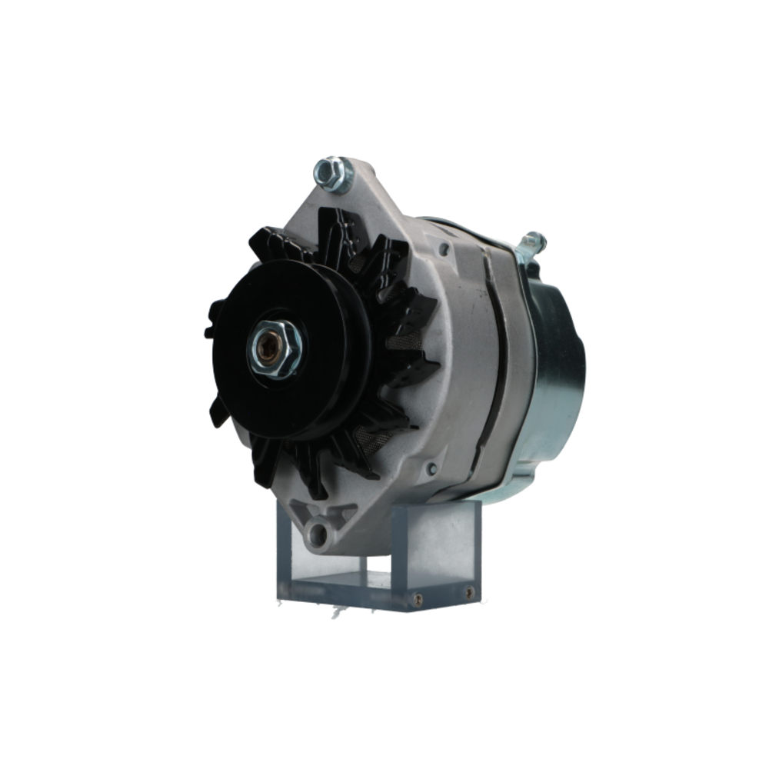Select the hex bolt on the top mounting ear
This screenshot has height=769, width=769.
[331, 174]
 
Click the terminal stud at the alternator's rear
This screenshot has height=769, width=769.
[533, 244]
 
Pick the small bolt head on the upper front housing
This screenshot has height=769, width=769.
[444, 249]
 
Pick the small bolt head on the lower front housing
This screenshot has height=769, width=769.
[431, 468]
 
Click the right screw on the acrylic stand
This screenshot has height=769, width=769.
[468, 593]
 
